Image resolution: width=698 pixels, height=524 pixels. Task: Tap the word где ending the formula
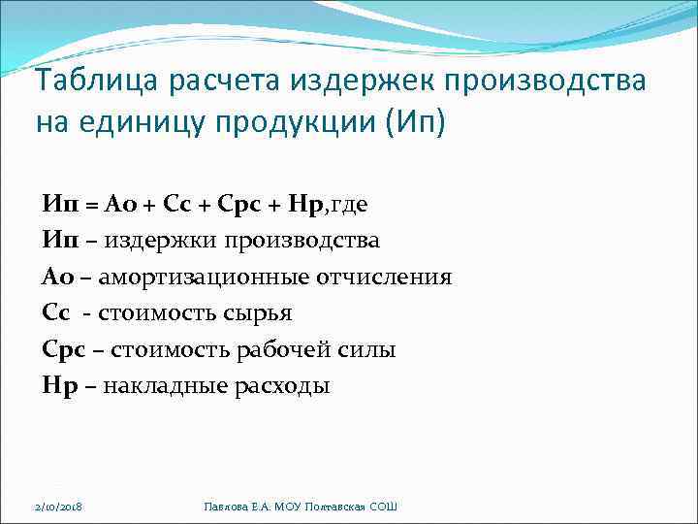click(348, 205)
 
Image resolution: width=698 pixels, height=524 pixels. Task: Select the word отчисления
click(384, 278)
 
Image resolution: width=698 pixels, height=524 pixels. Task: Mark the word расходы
click(280, 386)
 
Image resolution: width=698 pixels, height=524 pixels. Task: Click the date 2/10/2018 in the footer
click(56, 508)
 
